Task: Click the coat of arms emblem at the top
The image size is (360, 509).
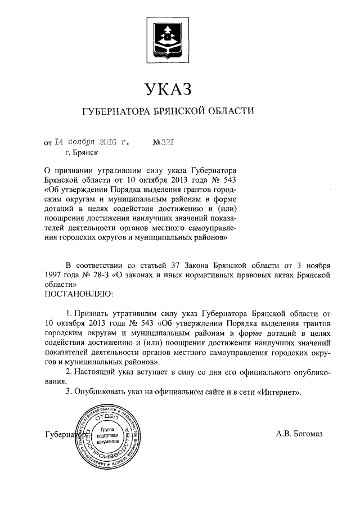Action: [169, 38]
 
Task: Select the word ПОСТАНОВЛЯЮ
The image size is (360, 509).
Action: [78, 293]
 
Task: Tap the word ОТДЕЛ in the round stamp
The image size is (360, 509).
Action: [107, 419]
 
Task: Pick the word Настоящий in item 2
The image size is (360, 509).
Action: [97, 372]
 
